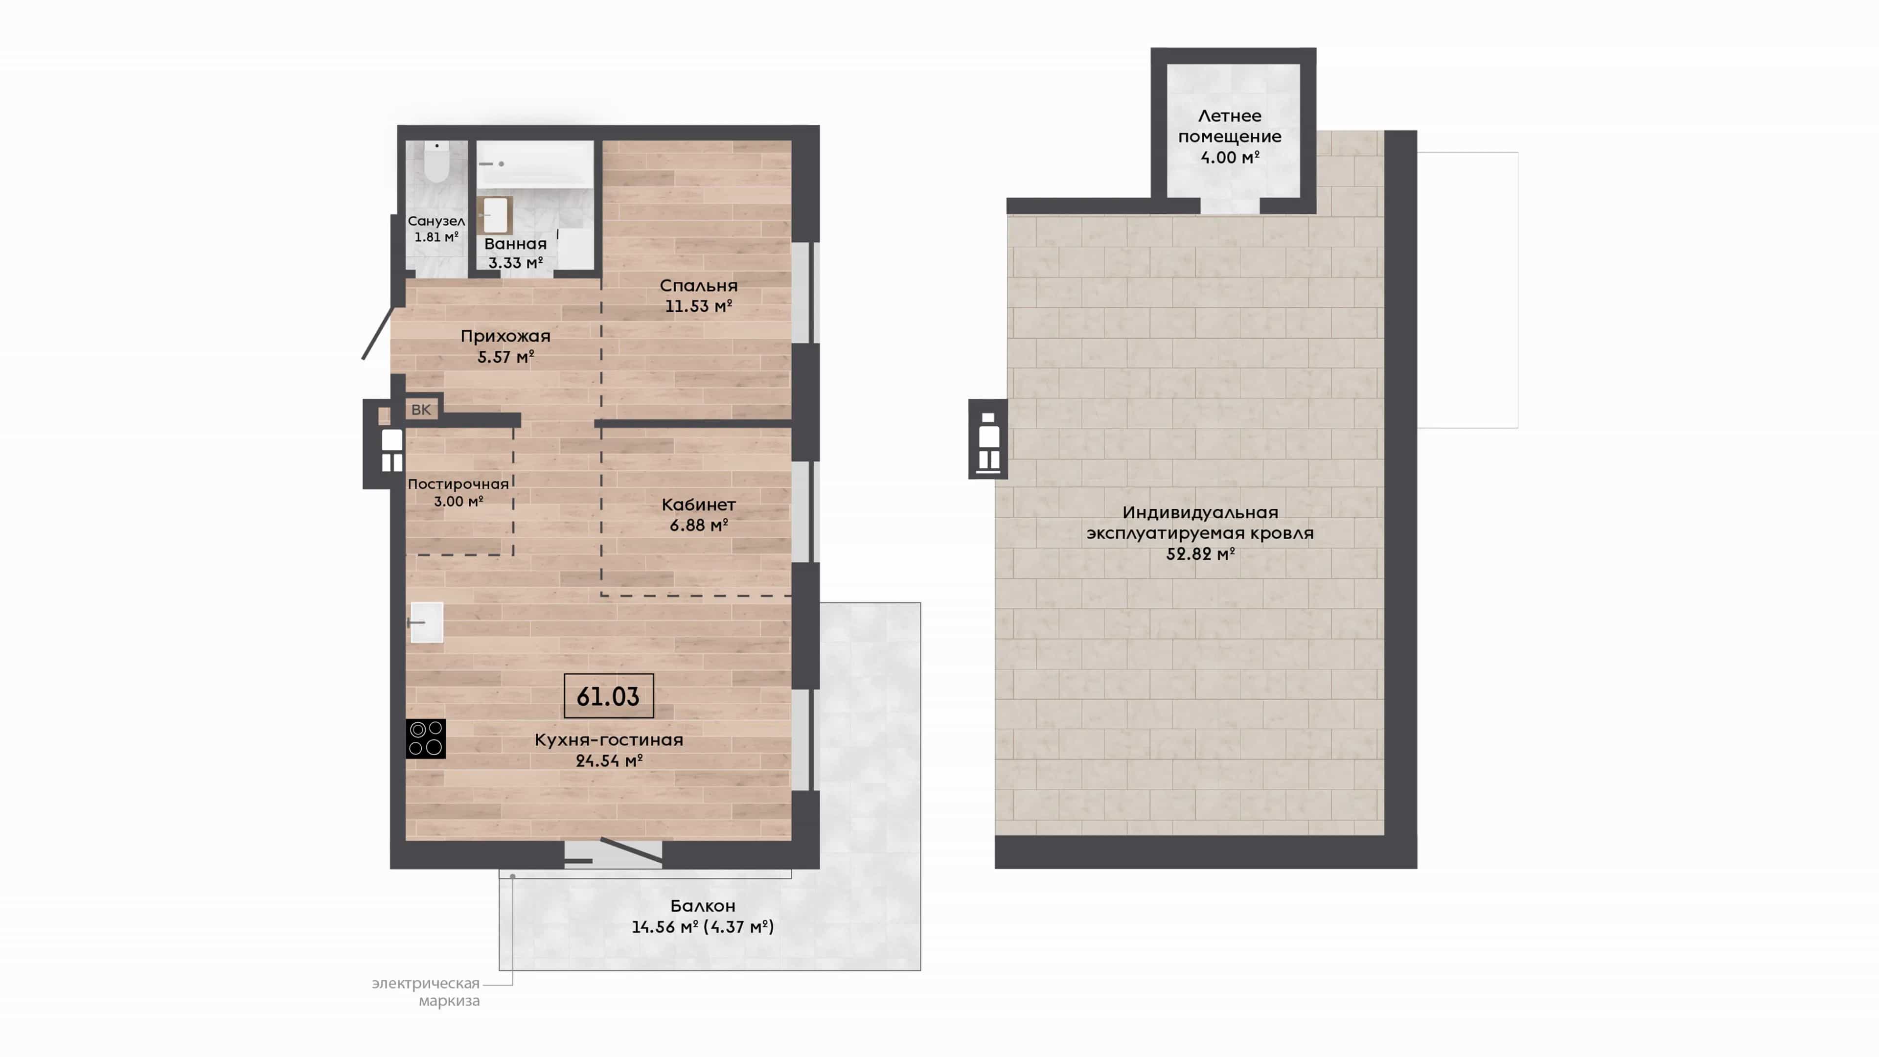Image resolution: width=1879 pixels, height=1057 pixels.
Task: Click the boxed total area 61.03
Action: tap(608, 696)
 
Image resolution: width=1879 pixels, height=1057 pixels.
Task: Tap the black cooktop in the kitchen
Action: tap(425, 739)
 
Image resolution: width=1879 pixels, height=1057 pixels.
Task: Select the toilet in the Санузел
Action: tap(437, 162)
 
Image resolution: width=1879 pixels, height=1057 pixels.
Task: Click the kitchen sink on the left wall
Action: tap(426, 622)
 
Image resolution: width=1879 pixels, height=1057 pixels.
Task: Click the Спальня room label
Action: tap(699, 286)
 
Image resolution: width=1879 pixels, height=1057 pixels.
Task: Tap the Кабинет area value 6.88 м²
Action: tap(699, 525)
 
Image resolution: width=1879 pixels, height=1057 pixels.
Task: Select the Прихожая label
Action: tap(505, 336)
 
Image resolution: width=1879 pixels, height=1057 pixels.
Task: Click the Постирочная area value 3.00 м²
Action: tap(458, 501)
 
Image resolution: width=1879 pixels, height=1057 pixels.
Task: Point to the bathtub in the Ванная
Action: tap(535, 165)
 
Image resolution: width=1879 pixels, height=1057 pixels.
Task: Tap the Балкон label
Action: tap(703, 906)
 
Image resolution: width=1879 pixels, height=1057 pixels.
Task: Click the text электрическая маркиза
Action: tap(427, 992)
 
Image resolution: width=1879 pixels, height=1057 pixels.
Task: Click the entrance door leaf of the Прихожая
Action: tap(378, 333)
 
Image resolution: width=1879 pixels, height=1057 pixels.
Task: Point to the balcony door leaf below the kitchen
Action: tap(632, 850)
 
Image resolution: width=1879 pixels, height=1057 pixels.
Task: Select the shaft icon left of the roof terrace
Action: tap(988, 439)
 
